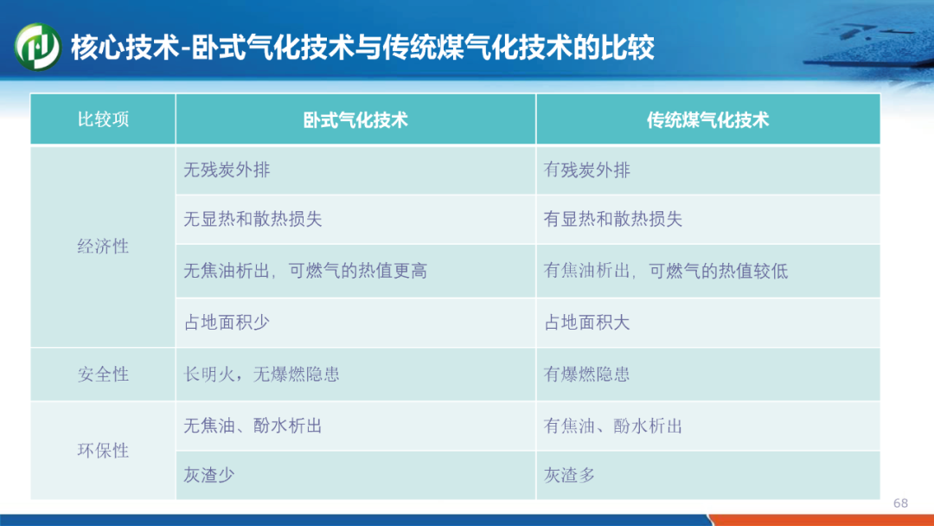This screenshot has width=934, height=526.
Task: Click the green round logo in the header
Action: click(x=37, y=47)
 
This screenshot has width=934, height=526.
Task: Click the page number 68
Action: click(x=900, y=504)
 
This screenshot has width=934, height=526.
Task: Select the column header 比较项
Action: click(x=103, y=119)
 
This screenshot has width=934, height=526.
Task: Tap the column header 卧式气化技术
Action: click(x=355, y=120)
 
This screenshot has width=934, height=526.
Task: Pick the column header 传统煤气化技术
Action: click(x=707, y=120)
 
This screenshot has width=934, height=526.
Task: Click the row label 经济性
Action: click(x=103, y=246)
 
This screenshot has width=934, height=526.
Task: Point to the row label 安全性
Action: click(x=103, y=374)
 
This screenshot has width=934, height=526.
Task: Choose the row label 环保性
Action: click(x=103, y=451)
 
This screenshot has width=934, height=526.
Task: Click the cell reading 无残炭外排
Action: click(x=227, y=170)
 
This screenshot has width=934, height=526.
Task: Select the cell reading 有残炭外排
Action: click(x=586, y=170)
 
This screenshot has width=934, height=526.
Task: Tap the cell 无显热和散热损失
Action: click(x=253, y=219)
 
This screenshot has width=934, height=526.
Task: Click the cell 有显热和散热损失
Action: click(x=612, y=219)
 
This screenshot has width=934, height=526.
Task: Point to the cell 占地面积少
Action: click(x=227, y=323)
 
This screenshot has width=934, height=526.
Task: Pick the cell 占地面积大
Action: click(x=586, y=323)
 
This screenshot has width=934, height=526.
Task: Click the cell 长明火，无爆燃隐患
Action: click(x=261, y=374)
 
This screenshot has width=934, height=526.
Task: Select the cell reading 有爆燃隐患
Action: click(x=586, y=374)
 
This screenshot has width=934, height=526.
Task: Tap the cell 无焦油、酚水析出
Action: click(x=253, y=426)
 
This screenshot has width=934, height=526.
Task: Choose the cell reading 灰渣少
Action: click(x=209, y=475)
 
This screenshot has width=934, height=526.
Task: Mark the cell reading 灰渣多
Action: click(x=569, y=475)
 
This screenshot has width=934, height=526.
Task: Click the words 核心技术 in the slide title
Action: click(x=125, y=48)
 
